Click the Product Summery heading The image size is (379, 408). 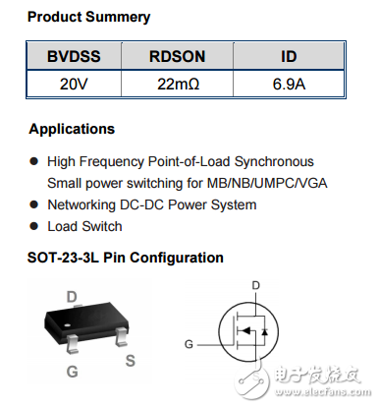click(x=88, y=18)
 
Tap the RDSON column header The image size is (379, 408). click(x=178, y=58)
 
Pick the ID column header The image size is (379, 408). click(x=289, y=58)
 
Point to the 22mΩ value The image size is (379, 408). click(x=178, y=84)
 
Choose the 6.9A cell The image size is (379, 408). click(x=289, y=84)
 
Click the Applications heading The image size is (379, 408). click(x=72, y=129)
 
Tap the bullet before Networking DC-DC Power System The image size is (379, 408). click(x=34, y=204)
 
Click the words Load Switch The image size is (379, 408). click(x=84, y=226)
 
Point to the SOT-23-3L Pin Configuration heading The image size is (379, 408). click(x=126, y=258)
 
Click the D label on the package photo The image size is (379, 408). click(x=71, y=294)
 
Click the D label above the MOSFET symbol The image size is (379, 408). click(x=255, y=285)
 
